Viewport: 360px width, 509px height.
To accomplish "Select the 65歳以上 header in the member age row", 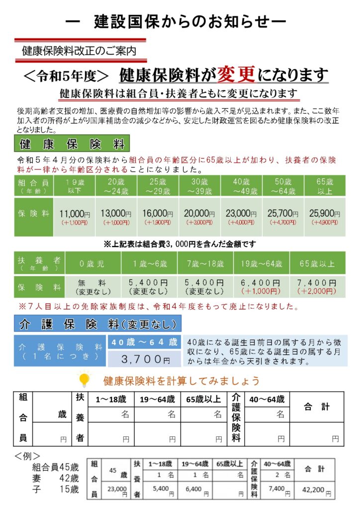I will [x=325, y=186].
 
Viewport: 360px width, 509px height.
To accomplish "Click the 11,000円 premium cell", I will [x=75, y=214].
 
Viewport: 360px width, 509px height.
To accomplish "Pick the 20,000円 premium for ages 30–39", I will [x=199, y=214].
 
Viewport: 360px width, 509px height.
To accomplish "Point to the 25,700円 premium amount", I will [x=283, y=214].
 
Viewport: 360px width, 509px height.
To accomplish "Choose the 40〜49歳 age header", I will [x=241, y=186].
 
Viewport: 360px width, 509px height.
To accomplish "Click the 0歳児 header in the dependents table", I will [x=92, y=263].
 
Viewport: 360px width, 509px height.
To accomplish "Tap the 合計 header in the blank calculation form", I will [x=316, y=407].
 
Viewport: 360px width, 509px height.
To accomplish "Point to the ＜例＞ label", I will [x=28, y=455].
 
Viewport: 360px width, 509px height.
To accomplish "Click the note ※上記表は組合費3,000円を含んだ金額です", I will [x=179, y=244].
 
